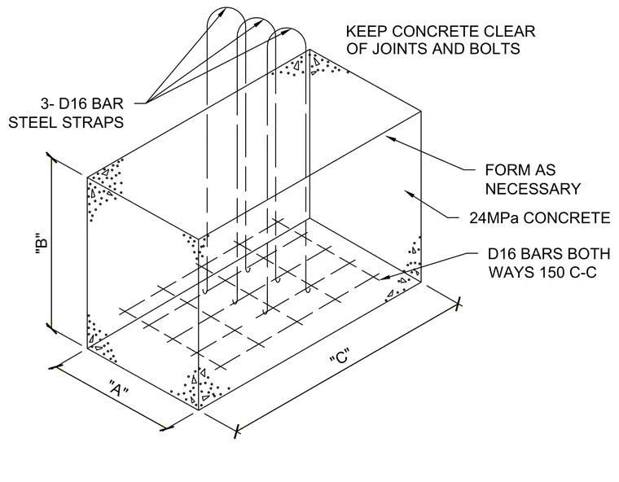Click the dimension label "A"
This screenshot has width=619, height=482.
tap(118, 389)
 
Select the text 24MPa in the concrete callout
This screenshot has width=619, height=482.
tap(494, 218)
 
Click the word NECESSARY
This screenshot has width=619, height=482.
tap(533, 189)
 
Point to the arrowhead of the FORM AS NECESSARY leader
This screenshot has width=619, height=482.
tap(390, 138)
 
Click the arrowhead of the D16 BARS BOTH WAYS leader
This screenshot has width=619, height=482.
tap(384, 277)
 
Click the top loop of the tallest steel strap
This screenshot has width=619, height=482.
tap(226, 7)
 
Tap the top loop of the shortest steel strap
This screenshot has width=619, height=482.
tap(287, 28)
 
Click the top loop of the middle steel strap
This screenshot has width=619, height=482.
tap(257, 18)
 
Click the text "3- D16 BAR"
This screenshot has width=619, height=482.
tap(82, 103)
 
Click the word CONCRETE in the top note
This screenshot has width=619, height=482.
tap(464, 31)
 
